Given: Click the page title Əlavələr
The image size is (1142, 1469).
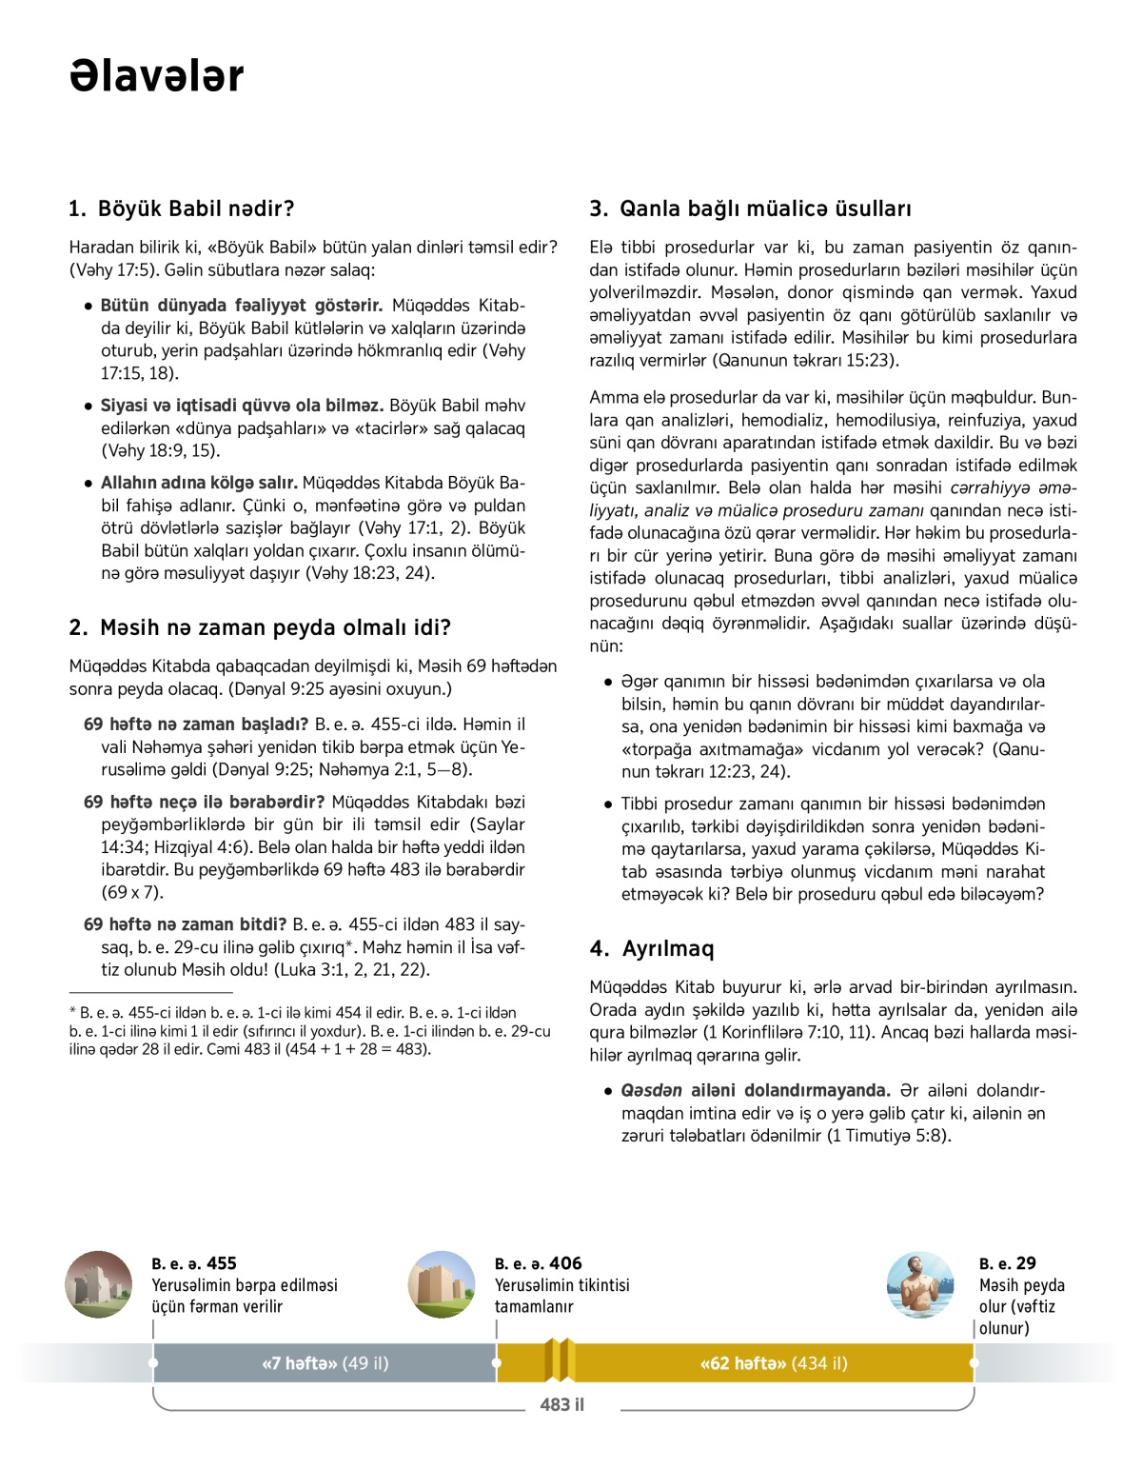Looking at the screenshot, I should point(157,76).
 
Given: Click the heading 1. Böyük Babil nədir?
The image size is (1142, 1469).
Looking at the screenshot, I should point(182,208).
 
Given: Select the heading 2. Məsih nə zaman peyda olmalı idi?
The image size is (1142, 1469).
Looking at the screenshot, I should point(260,627).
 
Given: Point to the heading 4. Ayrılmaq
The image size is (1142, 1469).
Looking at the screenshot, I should point(652,948).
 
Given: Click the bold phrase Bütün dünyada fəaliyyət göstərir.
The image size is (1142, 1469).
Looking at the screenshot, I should point(242,306).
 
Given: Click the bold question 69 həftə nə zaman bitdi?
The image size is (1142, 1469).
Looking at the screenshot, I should point(186,924).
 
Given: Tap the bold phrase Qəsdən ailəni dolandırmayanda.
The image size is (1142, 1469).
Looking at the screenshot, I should point(756,1090).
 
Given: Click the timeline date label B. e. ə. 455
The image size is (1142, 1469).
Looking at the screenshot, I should point(194,1263).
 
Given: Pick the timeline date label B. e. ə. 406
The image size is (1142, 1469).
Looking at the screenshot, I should point(538,1263).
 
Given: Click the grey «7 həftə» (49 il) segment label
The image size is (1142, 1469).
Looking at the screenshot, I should point(325,1363).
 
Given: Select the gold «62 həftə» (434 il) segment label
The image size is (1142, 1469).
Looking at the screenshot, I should point(773,1363).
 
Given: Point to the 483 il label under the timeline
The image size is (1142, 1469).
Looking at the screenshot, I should point(561,1404).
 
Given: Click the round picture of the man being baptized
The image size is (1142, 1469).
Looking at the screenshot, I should point(919,1284).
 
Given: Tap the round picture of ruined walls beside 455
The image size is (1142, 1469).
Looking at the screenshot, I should point(99,1284).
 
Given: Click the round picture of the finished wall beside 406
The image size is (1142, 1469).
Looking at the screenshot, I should point(442,1284).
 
